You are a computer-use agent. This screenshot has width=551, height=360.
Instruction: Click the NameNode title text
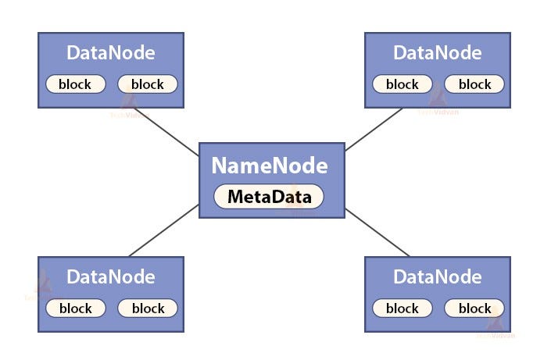tap(269, 166)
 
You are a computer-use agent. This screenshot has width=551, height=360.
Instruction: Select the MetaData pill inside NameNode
tap(269, 197)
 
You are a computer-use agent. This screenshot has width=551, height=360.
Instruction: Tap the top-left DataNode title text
tap(111, 53)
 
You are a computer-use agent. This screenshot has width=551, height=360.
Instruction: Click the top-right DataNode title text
tap(438, 53)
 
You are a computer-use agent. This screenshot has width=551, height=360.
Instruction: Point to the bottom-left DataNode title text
tap(111, 277)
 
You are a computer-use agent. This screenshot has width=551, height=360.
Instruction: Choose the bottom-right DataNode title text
tap(438, 277)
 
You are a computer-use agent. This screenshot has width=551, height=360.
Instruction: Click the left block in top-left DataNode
tap(75, 84)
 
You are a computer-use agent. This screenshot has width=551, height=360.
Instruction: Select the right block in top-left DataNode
tap(148, 84)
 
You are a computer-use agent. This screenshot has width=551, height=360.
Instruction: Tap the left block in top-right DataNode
tap(402, 84)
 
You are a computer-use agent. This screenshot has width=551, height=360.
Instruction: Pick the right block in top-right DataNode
tap(474, 84)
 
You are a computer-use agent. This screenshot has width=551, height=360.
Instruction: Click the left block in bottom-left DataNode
tap(75, 308)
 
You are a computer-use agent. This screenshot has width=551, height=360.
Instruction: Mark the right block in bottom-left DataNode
tap(148, 308)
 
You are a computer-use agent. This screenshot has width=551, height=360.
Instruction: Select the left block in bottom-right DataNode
tap(402, 308)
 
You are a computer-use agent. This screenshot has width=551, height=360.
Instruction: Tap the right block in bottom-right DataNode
tap(474, 308)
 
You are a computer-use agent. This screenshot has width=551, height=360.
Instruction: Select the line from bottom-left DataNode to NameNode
tap(164, 231)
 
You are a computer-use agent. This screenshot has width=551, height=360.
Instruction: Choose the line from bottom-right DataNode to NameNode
tap(377, 232)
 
